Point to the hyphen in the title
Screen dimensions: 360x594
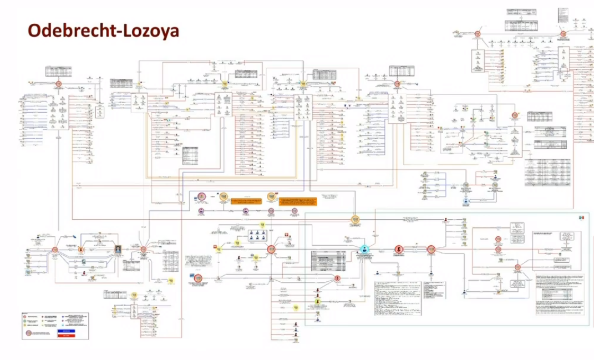coord(113,31)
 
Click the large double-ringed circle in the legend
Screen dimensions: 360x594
coord(27,334)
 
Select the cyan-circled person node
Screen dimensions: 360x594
coord(364,249)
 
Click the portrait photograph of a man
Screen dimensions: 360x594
coord(118,250)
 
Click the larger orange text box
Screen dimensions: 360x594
coord(245,199)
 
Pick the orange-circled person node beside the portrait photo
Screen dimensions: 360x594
coord(81,250)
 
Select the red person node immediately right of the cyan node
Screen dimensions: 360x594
coord(398,250)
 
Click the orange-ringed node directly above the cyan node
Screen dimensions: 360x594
coord(355,220)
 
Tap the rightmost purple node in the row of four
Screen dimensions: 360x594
coord(295,211)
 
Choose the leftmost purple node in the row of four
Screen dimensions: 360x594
coord(200,211)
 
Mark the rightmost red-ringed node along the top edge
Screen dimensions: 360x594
coord(562,34)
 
